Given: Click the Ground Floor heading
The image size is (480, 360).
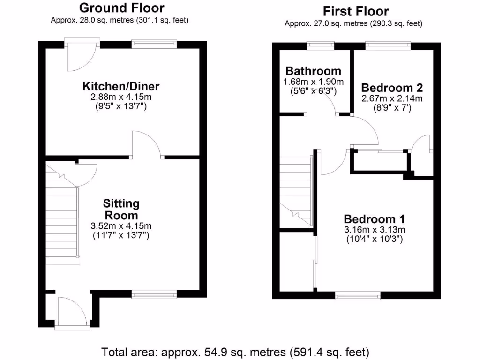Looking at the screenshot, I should pyautogui.click(x=121, y=8).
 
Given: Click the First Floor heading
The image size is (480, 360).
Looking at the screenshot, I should pyautogui.click(x=356, y=11).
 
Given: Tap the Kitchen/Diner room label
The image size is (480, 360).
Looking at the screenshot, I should pyautogui.click(x=121, y=86).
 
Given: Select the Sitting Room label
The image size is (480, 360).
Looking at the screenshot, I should pyautogui.click(x=121, y=210).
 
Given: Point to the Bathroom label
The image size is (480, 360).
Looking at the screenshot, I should pyautogui.click(x=313, y=71).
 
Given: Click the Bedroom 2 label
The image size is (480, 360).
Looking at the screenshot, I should pyautogui.click(x=392, y=88).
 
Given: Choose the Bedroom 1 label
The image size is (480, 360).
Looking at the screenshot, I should pyautogui.click(x=375, y=219).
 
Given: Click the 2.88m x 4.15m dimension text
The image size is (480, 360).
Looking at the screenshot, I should pyautogui.click(x=121, y=97).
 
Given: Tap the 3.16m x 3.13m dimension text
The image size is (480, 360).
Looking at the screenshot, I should pyautogui.click(x=375, y=229).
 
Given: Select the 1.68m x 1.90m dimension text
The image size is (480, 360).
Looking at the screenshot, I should pyautogui.click(x=313, y=82).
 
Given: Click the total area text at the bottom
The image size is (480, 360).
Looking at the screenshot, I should pyautogui.click(x=236, y=351).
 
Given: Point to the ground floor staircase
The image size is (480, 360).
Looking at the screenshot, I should pyautogui.click(x=61, y=220).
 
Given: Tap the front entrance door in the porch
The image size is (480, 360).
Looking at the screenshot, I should pyautogui.click(x=72, y=312).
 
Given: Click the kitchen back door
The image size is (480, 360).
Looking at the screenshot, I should pyautogui.click(x=82, y=56).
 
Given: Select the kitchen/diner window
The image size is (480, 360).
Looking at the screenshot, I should pyautogui.click(x=154, y=45).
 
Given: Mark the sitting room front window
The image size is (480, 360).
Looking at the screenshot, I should pyautogui.click(x=154, y=294).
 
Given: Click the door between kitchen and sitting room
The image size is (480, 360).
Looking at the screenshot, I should pyautogui.click(x=147, y=145).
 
